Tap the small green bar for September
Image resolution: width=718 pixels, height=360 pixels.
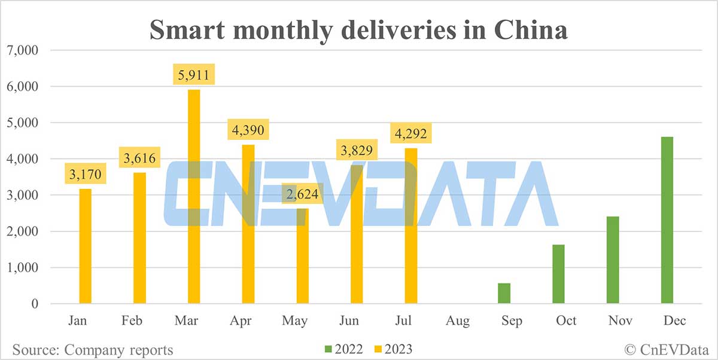(504, 294)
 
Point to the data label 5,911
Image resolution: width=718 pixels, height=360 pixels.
(194, 76)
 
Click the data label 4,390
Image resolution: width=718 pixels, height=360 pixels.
(248, 129)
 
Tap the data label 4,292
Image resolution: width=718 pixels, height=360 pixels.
(411, 133)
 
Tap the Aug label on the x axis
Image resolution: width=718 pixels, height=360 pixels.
(458, 321)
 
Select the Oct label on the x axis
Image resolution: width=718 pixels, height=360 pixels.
(566, 321)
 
